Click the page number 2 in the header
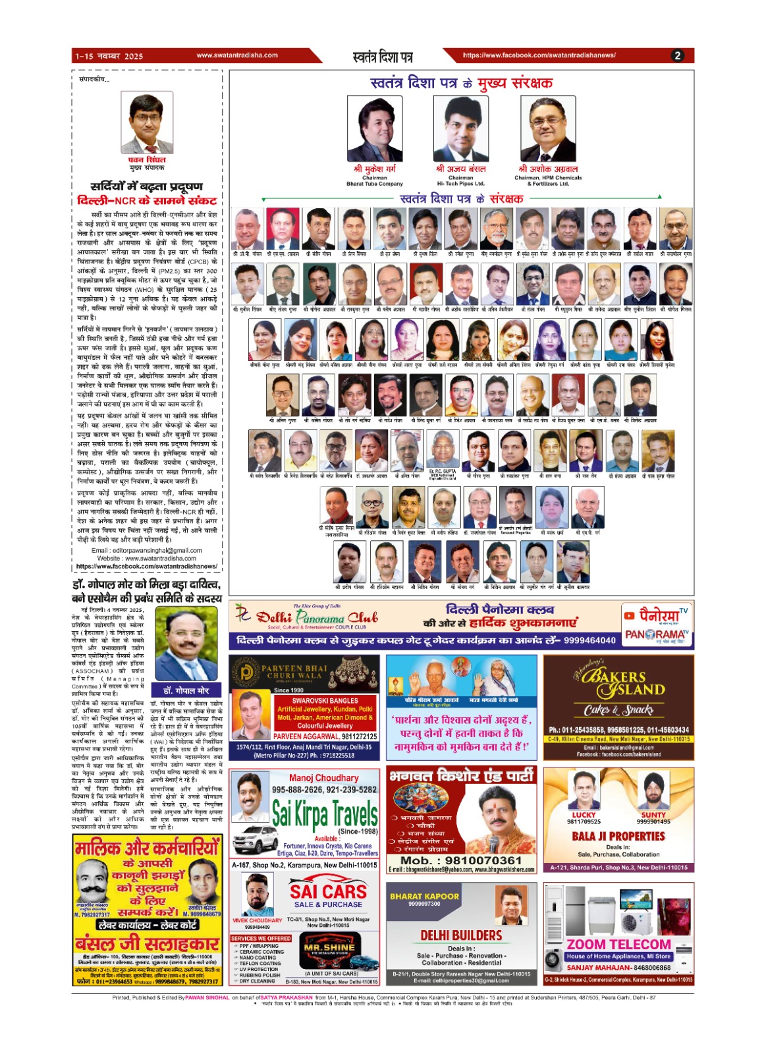point(678,56)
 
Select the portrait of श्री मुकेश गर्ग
point(374,128)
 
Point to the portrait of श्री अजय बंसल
point(460,128)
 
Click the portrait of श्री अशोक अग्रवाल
point(547,128)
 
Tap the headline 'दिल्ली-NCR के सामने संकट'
point(146,201)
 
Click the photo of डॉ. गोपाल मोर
point(186,646)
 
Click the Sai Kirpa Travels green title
point(325,814)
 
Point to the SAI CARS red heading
point(328,891)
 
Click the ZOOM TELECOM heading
point(618,944)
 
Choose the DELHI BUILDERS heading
point(461,935)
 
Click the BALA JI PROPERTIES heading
point(618,836)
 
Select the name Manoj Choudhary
point(323,778)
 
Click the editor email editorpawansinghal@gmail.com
point(146,550)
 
